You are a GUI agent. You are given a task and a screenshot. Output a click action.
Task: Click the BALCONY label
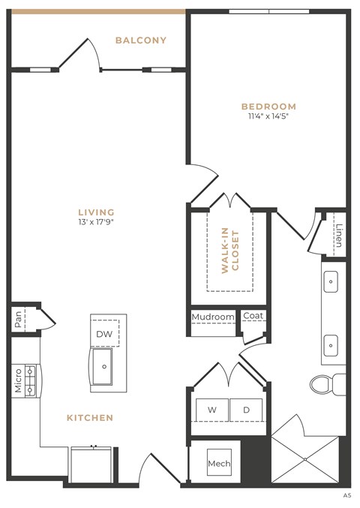click(x=140, y=40)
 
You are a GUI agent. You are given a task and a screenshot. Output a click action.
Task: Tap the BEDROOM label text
click(x=268, y=107)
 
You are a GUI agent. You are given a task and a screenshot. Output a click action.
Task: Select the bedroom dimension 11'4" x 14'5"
click(x=268, y=117)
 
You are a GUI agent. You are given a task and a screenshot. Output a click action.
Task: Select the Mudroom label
click(x=213, y=317)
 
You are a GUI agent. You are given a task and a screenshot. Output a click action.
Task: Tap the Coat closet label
click(x=253, y=317)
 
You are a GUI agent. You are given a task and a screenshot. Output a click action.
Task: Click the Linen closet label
click(x=339, y=235)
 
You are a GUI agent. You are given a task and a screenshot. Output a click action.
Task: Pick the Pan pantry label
click(x=18, y=320)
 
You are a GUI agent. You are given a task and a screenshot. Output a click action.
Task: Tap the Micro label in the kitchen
click(x=18, y=380)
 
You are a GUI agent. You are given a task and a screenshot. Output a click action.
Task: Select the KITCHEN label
click(x=90, y=417)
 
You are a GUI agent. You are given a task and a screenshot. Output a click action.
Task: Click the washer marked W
click(x=212, y=410)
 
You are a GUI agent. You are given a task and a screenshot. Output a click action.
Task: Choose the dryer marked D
click(x=246, y=410)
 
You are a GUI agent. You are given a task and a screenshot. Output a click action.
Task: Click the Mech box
click(x=219, y=464)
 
